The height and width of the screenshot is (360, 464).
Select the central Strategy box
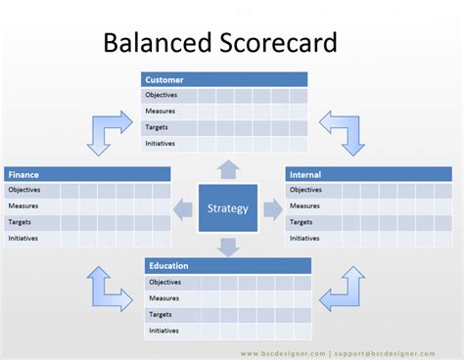pyautogui.click(x=228, y=207)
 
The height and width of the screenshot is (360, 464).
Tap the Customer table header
pyautogui.click(x=225, y=79)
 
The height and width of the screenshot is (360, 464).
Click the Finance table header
pyautogui.click(x=88, y=174)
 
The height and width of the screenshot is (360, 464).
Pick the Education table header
pyautogui.click(x=228, y=265)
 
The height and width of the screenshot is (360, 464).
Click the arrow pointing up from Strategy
pyautogui.click(x=228, y=168)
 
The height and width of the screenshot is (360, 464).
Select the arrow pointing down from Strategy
pyautogui.click(x=228, y=246)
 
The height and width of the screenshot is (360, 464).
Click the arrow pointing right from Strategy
pyautogui.click(x=273, y=207)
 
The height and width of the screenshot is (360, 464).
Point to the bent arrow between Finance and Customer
pyautogui.click(x=108, y=131)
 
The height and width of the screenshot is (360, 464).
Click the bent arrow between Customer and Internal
pyautogui.click(x=343, y=131)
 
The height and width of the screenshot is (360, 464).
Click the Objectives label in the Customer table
pyautogui.click(x=161, y=95)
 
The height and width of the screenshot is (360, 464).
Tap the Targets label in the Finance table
pyautogui.click(x=22, y=222)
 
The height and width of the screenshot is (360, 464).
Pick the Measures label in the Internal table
pyautogui.click(x=304, y=205)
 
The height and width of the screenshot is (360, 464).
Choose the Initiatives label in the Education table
pyautogui.click(x=163, y=330)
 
